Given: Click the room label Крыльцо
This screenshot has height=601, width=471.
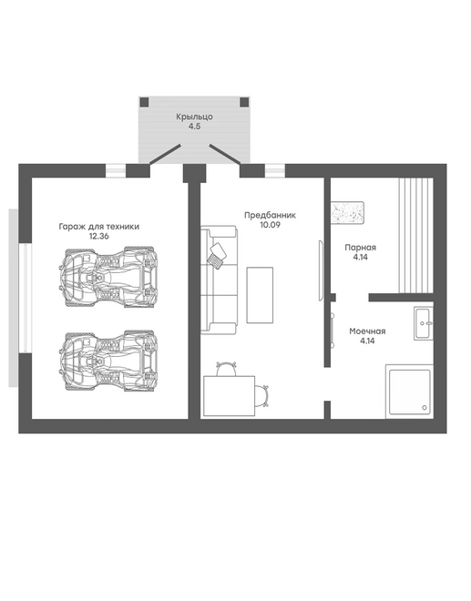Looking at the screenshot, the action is [x=194, y=117].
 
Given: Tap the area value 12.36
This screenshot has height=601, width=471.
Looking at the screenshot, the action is [x=99, y=236].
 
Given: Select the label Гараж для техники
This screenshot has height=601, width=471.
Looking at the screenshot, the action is [x=99, y=227].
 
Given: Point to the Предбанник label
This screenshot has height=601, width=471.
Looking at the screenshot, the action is [x=270, y=216].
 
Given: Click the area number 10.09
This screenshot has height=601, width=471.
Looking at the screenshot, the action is [x=270, y=225].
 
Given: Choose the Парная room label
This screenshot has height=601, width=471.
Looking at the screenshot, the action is [x=360, y=248].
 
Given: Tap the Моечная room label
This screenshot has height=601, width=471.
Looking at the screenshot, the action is [x=367, y=331].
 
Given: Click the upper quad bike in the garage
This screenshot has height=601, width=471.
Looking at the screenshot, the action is [x=108, y=277].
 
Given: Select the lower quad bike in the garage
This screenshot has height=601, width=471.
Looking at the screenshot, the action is [x=108, y=361].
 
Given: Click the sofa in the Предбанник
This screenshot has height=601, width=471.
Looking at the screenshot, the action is [x=219, y=280].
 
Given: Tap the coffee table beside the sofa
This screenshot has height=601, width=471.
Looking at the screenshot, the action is [x=260, y=295].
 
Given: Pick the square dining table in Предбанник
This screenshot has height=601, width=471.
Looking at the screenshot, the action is [x=229, y=396].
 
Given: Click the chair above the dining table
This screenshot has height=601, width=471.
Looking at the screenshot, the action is [x=226, y=369].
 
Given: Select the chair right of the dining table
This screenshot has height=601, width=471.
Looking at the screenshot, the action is [x=261, y=396].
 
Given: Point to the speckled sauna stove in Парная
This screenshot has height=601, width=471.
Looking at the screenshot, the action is [x=347, y=212].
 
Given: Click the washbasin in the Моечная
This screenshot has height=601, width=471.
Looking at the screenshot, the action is [x=424, y=323].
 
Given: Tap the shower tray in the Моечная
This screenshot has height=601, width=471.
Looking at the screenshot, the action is [x=409, y=392].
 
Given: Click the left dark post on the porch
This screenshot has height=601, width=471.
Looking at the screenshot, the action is [x=144, y=102].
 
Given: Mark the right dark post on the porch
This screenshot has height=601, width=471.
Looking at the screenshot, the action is [x=244, y=102].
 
